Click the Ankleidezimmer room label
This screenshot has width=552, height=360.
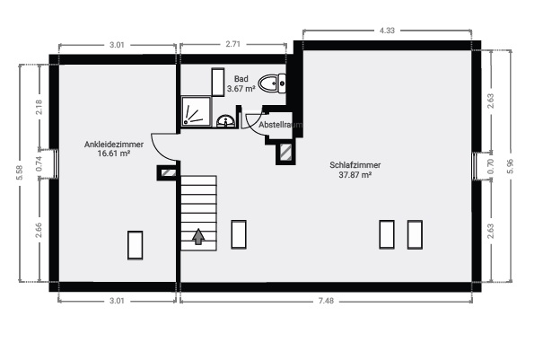114,145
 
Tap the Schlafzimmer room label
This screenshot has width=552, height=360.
355,165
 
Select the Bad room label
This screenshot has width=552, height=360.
241,79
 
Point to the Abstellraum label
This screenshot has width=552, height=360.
280,125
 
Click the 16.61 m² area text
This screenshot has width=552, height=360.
114,154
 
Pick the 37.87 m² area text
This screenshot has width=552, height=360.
355,175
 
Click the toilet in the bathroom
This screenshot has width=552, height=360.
272,83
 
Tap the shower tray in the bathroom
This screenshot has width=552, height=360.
197,111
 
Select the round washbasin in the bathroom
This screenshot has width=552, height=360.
225,121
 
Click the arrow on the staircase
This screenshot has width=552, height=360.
198,236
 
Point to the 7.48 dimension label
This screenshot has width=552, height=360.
326,301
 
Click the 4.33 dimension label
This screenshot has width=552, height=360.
387,31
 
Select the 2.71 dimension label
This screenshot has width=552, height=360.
232,44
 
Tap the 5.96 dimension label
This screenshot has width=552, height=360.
510,166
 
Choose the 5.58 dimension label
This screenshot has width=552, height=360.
20,172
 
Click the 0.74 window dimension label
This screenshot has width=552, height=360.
39,163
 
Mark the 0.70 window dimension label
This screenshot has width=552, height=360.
491,166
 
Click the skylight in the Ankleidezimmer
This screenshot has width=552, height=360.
136,245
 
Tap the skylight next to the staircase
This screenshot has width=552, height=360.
239,234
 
